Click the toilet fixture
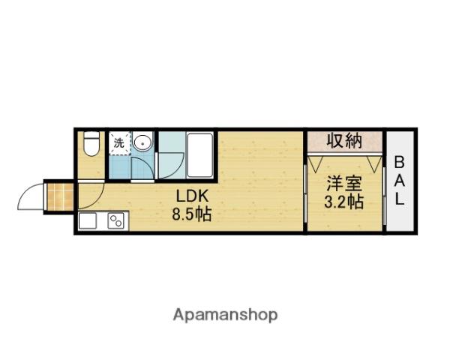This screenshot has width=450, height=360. tap(91, 143)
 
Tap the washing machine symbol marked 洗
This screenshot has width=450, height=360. tap(120, 143)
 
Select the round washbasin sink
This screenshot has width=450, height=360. tap(142, 142)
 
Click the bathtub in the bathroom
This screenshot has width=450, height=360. tap(199, 155)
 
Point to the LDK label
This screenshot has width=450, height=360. tap(192, 196)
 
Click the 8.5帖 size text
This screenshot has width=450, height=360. tap(192, 214)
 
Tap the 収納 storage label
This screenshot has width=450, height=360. tap(344, 140)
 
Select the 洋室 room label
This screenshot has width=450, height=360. tap(344, 184)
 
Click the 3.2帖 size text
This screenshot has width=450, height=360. tap(344, 202)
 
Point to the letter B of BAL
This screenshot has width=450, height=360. tap(400, 163)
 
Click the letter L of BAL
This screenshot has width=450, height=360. tap(399, 199)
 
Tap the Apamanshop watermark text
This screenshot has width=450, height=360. tap(225, 316)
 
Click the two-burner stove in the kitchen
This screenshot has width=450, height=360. tap(116, 221)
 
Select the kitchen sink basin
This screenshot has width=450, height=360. tap(88, 220)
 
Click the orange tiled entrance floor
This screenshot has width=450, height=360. tap(60, 196)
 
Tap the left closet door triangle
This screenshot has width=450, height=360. tap(316, 163)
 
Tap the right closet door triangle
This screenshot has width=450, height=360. tap(374, 163)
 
